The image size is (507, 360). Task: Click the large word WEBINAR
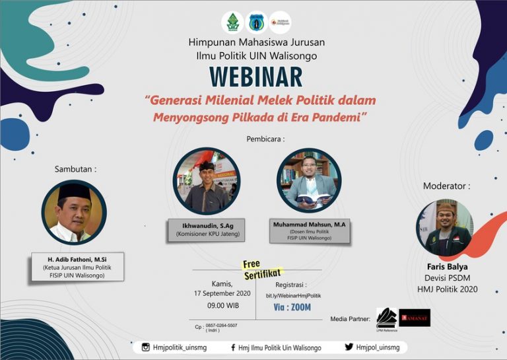(x=255, y=77)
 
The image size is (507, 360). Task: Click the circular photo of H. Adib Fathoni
(x=73, y=212)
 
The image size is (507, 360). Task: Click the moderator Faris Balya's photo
(x=444, y=227)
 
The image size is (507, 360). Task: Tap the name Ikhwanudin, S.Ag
(x=205, y=226)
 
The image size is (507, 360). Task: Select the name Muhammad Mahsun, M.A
(x=309, y=225)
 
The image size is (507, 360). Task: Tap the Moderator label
(x=446, y=186)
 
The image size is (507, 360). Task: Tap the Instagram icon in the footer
(x=146, y=347)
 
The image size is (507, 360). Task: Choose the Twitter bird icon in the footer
(x=349, y=347)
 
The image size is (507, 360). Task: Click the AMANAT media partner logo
(x=415, y=318)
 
